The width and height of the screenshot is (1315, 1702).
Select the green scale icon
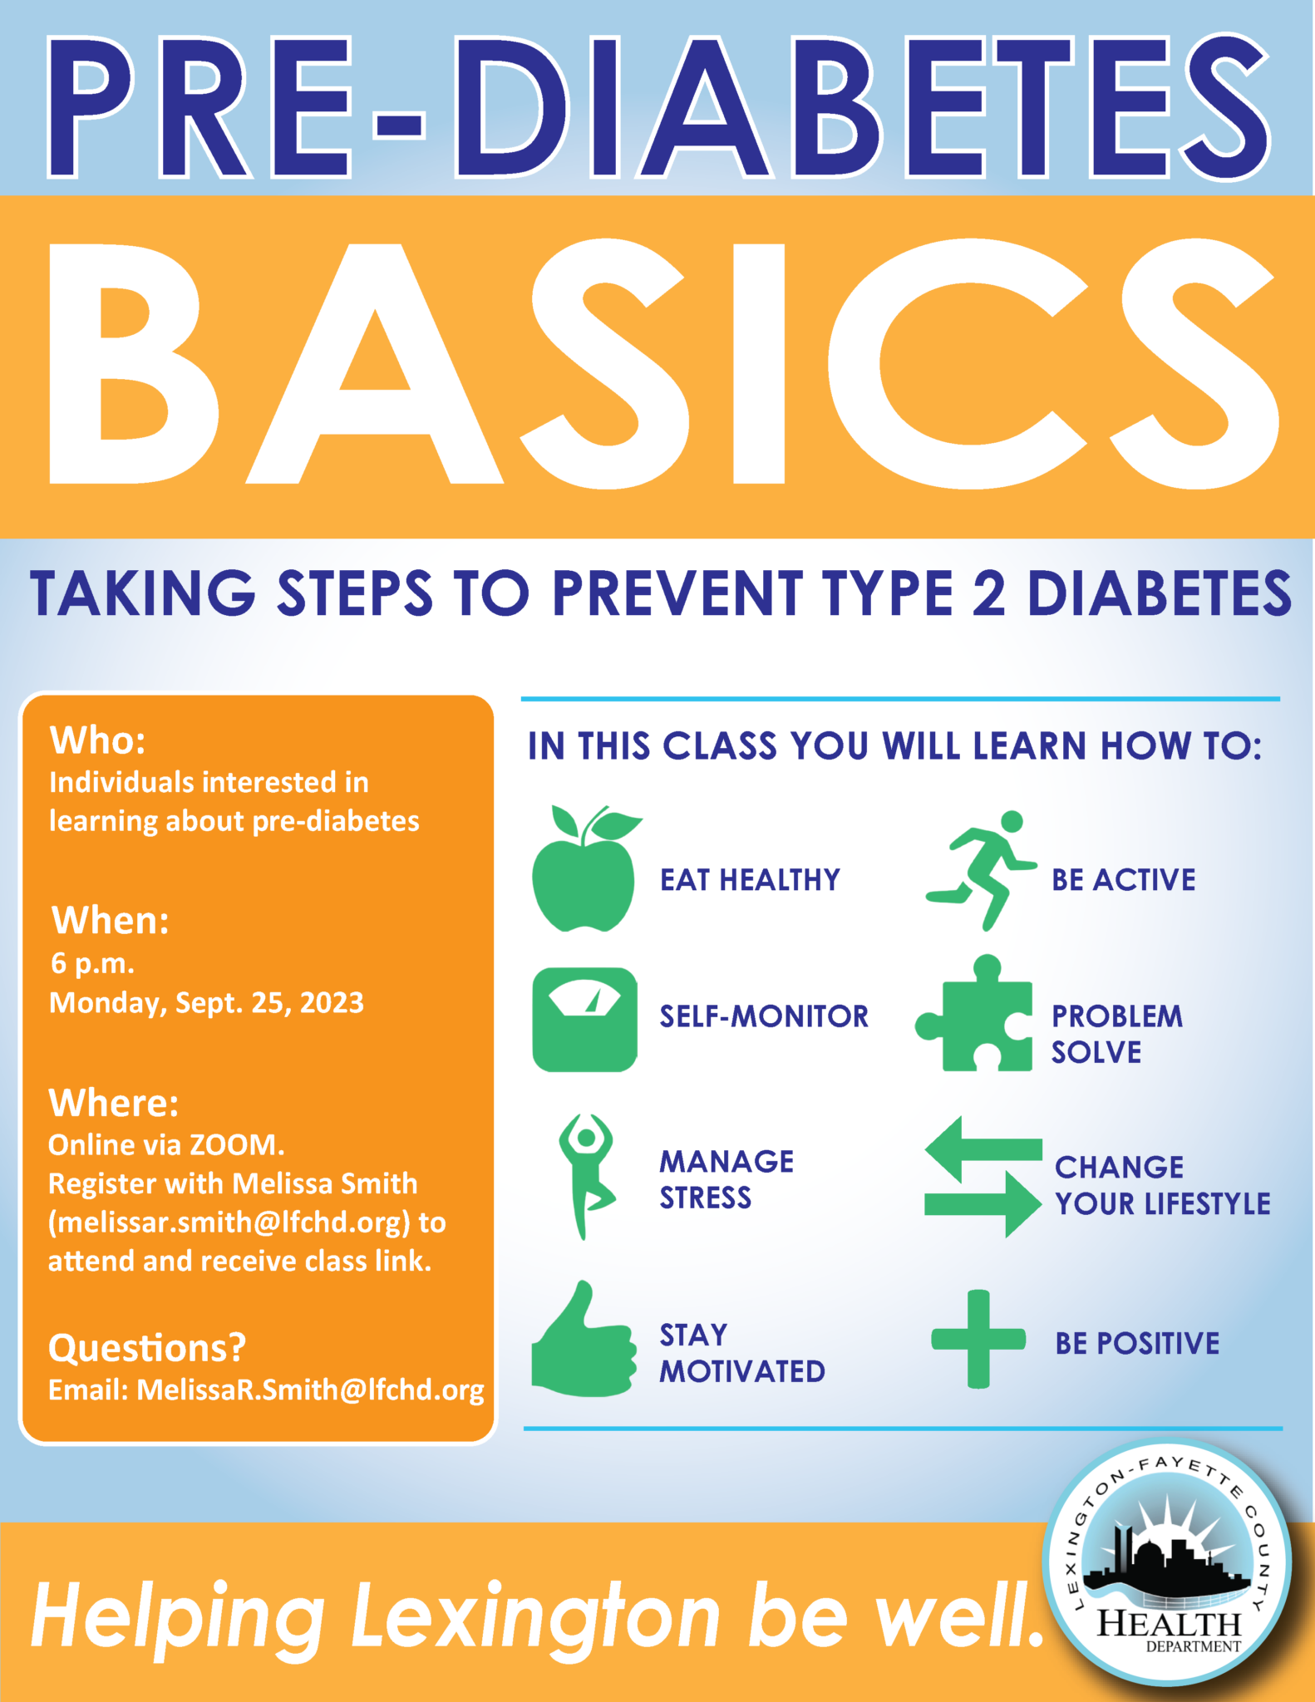pos(585,1020)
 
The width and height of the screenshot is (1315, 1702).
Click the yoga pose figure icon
pos(587,1177)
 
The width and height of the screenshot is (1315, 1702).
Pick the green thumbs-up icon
pos(584,1340)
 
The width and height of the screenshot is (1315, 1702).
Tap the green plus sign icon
pos(978,1339)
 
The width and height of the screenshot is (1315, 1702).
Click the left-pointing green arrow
pos(983,1149)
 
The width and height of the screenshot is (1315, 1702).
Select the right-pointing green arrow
pos(983,1204)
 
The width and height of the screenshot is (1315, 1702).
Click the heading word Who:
pos(98,740)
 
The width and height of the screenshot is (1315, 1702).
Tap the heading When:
pos(111,921)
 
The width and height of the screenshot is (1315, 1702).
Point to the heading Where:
pos(114,1103)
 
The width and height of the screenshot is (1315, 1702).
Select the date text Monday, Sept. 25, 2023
pos(207,1003)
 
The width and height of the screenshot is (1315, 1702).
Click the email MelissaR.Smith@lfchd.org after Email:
pos(310,1390)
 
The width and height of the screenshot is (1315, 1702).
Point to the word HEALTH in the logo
pos(1170,1624)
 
